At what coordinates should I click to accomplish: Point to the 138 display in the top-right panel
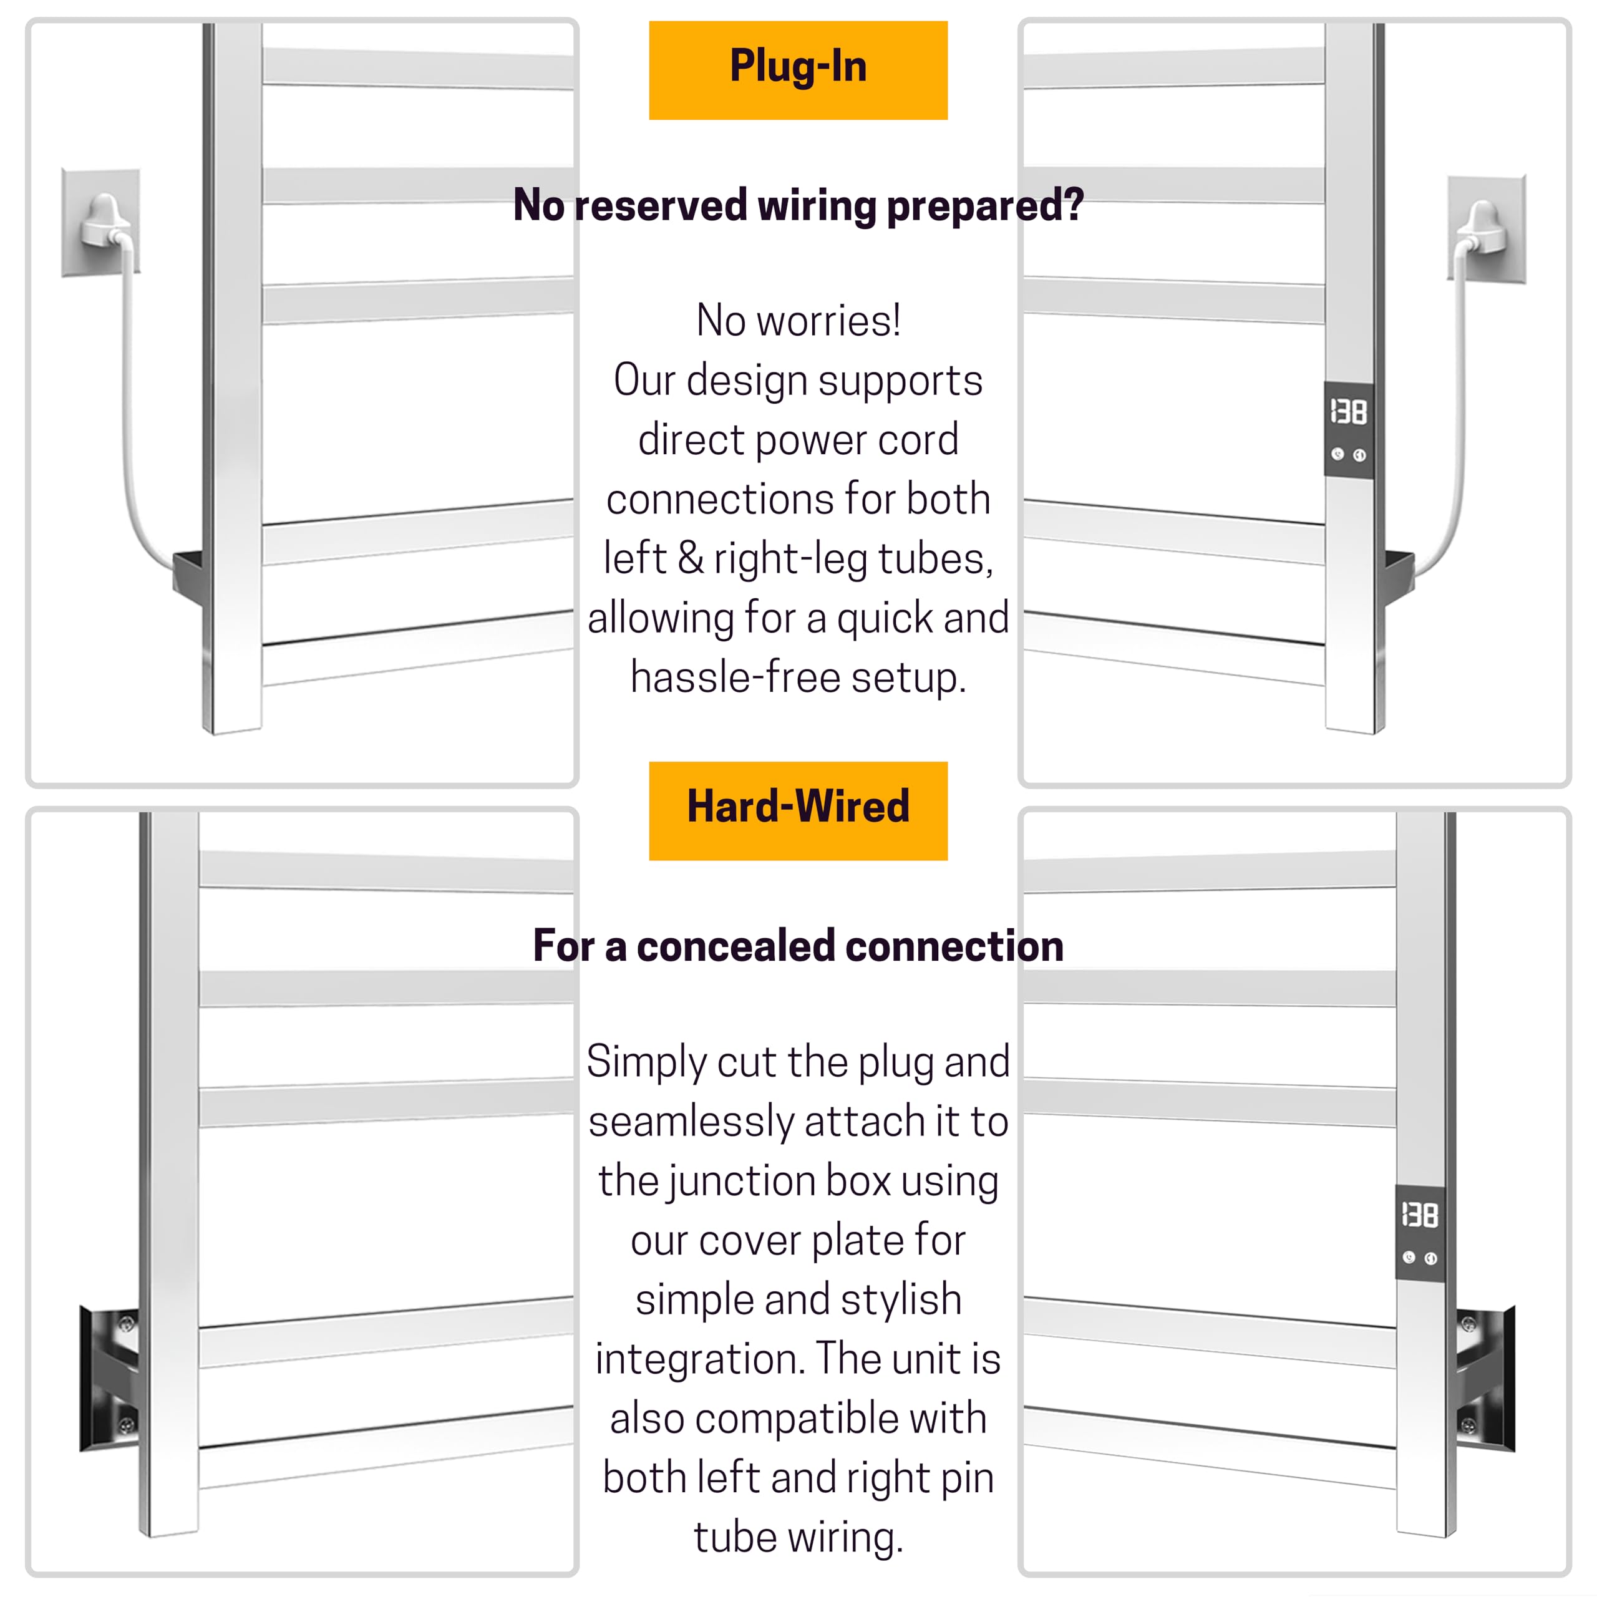(1348, 412)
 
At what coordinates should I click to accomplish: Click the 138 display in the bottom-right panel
(1420, 1215)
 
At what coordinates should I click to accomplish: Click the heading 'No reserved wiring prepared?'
(798, 205)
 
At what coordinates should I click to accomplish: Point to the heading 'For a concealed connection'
(798, 946)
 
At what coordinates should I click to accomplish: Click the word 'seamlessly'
(691, 1122)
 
